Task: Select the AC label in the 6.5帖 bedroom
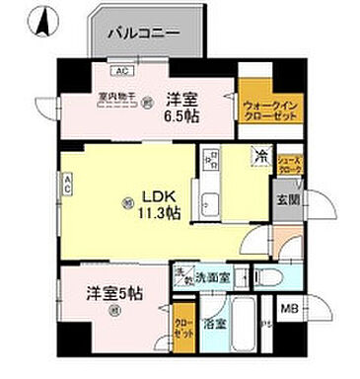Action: pyautogui.click(x=122, y=72)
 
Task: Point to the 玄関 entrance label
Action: pyautogui.click(x=282, y=200)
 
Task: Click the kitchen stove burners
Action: pyautogui.click(x=210, y=161)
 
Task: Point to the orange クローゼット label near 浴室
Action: pyautogui.click(x=183, y=327)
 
